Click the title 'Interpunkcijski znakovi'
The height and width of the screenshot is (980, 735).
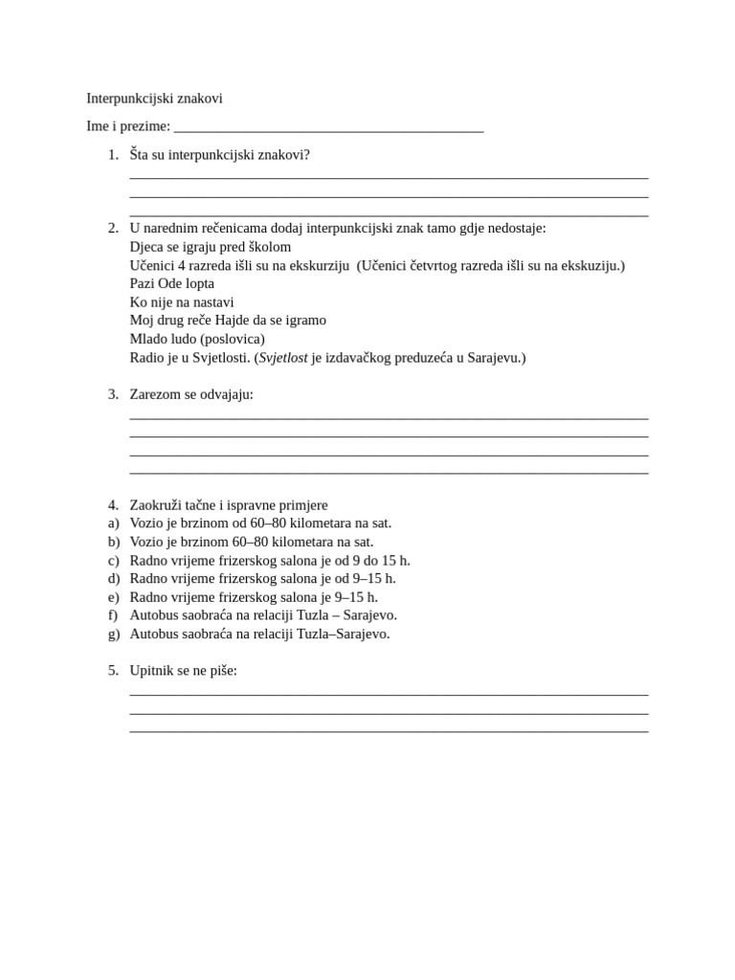pos(154,99)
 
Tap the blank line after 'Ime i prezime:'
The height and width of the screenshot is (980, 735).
pos(328,127)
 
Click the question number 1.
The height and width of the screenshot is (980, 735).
pos(113,155)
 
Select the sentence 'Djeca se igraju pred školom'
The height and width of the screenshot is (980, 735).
pos(210,247)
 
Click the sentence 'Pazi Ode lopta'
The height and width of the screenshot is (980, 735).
pos(171,283)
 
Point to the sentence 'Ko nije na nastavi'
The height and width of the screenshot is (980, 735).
pos(182,302)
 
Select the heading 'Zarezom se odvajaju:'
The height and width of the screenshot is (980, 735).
pos(191,394)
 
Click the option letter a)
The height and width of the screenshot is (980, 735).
pos(114,523)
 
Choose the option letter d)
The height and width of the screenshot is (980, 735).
pos(114,579)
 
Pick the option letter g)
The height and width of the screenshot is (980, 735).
pos(114,634)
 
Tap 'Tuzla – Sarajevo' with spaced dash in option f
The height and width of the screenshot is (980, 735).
pos(346,615)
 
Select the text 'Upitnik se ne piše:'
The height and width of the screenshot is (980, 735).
pos(183,671)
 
